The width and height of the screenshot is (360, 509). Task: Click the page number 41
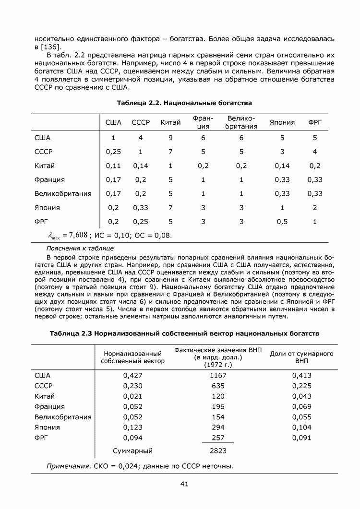184,484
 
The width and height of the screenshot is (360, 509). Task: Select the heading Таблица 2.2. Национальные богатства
184,103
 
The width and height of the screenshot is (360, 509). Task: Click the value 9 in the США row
170,138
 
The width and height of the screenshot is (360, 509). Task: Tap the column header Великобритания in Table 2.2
241,122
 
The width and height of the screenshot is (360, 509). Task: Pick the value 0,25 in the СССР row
113,152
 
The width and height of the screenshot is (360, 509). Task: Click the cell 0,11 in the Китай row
113,166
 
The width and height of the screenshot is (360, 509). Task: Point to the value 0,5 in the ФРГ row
282,222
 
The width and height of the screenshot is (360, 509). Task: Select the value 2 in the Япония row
315,208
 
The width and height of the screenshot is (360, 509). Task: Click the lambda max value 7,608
78,235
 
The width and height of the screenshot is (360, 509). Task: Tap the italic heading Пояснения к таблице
80,248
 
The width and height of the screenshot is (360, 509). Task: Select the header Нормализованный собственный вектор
133,357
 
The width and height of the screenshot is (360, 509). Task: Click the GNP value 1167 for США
218,375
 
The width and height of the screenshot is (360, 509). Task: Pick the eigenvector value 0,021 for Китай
133,396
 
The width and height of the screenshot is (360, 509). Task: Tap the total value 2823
218,451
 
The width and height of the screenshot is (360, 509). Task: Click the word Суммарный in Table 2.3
132,451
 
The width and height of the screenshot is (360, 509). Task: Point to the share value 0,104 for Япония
301,427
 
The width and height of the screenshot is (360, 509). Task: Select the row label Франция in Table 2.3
49,406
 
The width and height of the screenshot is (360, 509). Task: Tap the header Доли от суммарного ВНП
301,357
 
